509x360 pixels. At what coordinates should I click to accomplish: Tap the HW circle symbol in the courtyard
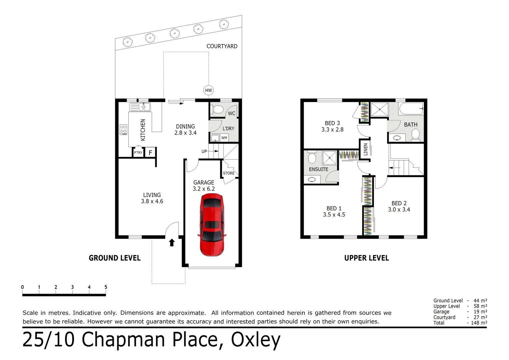[x=208, y=90]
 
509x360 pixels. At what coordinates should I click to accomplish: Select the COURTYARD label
[x=222, y=46]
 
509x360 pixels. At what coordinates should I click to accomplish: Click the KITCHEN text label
[x=143, y=130]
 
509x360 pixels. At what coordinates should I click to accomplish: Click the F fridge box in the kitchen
[x=150, y=153]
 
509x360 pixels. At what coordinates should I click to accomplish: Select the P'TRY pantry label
[x=138, y=153]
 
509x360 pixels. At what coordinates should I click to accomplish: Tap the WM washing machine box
[x=224, y=138]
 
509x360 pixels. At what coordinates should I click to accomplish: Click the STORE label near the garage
[x=229, y=173]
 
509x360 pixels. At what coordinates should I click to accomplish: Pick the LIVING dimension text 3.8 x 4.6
[x=152, y=201]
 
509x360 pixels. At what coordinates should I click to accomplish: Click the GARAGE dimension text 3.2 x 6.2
[x=204, y=189]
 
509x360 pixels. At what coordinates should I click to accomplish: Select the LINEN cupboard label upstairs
[x=365, y=149]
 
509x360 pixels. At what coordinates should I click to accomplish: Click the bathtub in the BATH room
[x=411, y=109]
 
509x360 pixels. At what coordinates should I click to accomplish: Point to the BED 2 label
[x=399, y=203]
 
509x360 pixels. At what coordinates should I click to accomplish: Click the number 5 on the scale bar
[x=106, y=287]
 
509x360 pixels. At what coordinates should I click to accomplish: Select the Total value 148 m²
[x=479, y=323]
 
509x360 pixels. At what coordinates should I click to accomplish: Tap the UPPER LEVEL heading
[x=366, y=258]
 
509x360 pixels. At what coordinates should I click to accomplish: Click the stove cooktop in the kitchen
[x=123, y=129]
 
